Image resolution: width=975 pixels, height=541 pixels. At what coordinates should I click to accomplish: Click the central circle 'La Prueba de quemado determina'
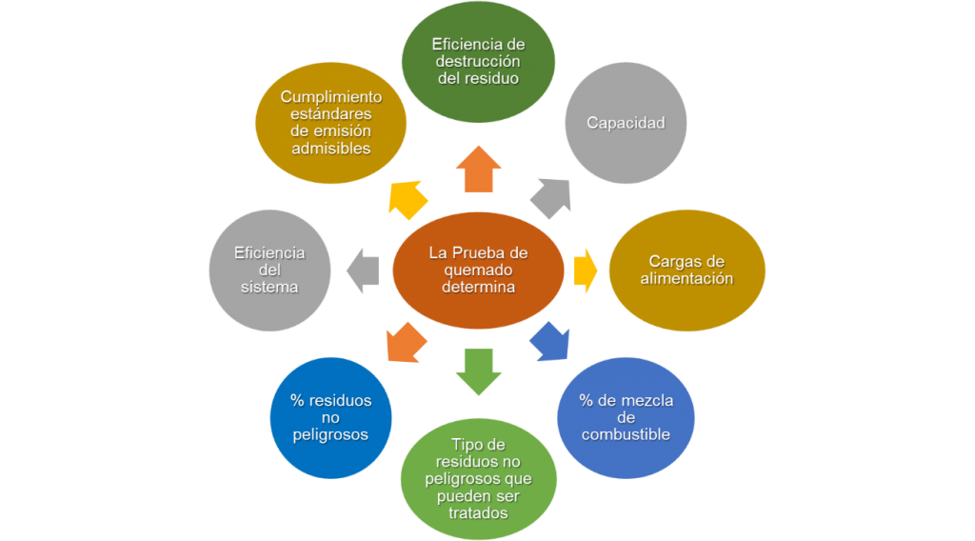(478, 270)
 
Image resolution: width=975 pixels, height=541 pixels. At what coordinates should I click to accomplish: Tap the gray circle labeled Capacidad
(625, 123)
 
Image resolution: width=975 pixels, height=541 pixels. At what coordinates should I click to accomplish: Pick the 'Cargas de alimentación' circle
(686, 270)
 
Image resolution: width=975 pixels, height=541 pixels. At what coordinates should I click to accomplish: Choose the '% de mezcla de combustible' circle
(626, 417)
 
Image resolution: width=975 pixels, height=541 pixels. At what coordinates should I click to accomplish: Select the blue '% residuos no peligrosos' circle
(330, 417)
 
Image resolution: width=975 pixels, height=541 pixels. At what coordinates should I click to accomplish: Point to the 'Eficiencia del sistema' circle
(269, 270)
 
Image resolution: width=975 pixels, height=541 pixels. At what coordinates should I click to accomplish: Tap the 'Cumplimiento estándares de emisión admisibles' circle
(331, 123)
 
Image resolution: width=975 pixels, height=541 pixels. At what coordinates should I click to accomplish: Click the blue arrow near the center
(549, 341)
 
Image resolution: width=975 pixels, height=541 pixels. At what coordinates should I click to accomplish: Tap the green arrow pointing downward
(478, 371)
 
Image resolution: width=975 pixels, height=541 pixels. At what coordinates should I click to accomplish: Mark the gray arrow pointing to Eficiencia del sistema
(364, 270)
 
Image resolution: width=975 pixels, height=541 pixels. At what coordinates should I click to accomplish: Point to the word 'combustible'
(626, 434)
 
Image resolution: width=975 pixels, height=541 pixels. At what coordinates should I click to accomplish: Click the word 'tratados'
(478, 512)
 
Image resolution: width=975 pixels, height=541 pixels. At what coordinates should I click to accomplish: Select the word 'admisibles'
(331, 149)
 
